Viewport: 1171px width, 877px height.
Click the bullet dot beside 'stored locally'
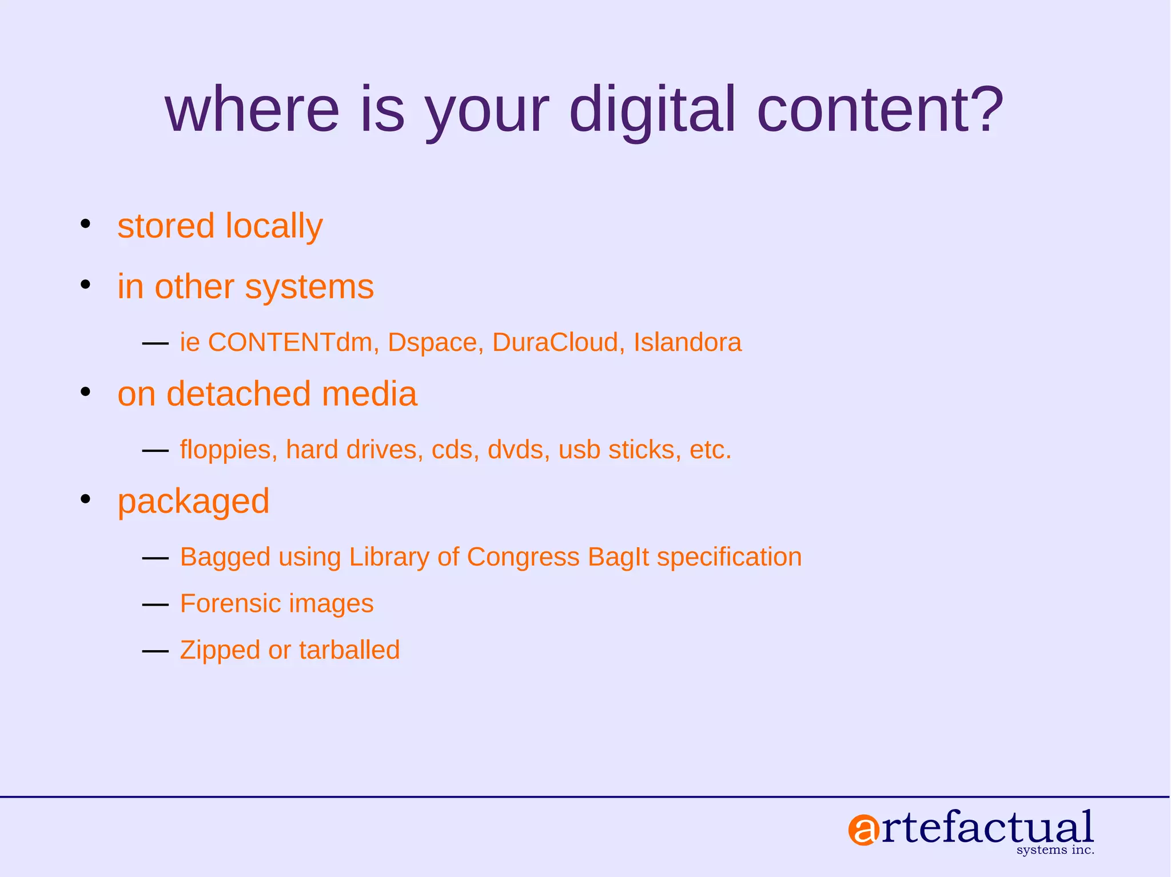click(x=86, y=223)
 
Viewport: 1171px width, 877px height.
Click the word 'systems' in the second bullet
click(x=309, y=287)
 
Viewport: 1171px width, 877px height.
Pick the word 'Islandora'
click(x=687, y=342)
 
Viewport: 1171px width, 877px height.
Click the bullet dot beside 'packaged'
click(x=86, y=499)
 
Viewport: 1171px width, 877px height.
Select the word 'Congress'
click(x=523, y=557)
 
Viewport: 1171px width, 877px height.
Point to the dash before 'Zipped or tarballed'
click(x=155, y=651)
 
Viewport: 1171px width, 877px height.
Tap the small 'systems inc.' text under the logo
click(x=1055, y=850)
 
